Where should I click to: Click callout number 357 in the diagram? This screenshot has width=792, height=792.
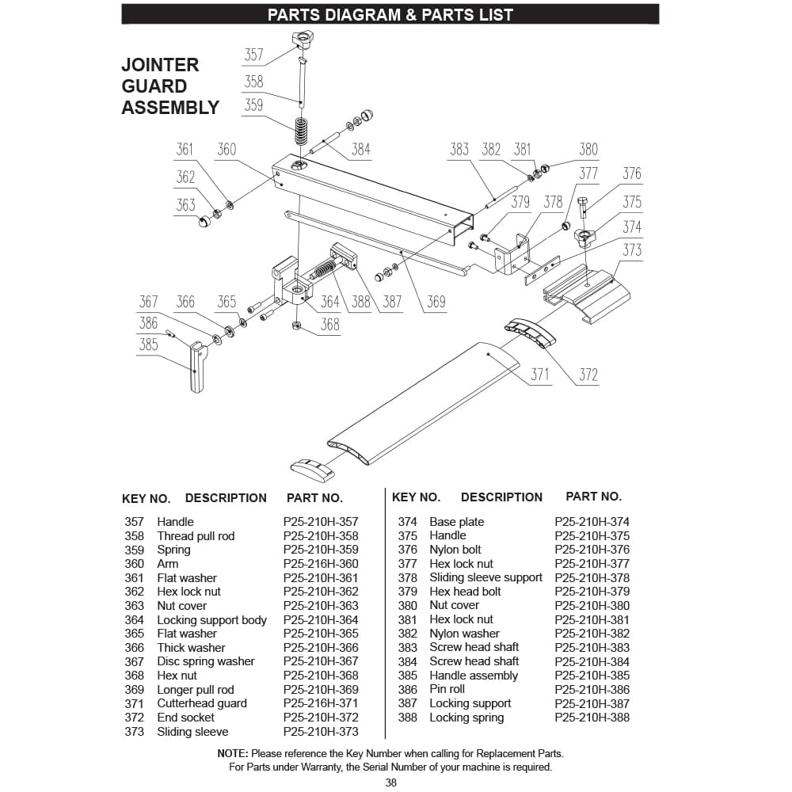(253, 55)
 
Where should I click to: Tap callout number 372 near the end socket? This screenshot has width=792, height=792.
(588, 375)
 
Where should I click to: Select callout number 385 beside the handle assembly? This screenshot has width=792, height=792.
(148, 345)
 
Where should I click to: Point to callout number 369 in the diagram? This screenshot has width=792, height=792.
(436, 302)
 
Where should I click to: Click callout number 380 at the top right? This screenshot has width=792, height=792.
(588, 149)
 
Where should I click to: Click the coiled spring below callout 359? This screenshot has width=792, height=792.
(301, 131)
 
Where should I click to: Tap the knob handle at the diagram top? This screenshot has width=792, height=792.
(303, 40)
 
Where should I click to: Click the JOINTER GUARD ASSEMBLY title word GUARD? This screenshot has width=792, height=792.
(154, 86)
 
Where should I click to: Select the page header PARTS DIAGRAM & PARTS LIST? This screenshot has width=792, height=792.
(390, 14)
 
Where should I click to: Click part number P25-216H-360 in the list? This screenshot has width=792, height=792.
(320, 564)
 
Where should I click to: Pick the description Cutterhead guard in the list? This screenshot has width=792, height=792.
(201, 703)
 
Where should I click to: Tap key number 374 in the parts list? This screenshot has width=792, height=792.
(407, 522)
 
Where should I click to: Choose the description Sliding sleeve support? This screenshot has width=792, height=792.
(485, 577)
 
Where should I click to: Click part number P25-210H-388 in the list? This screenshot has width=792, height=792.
(592, 718)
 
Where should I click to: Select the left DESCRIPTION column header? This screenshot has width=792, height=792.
(226, 497)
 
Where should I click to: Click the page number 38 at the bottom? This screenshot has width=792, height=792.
(390, 782)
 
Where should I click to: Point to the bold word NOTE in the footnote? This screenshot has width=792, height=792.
(233, 753)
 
